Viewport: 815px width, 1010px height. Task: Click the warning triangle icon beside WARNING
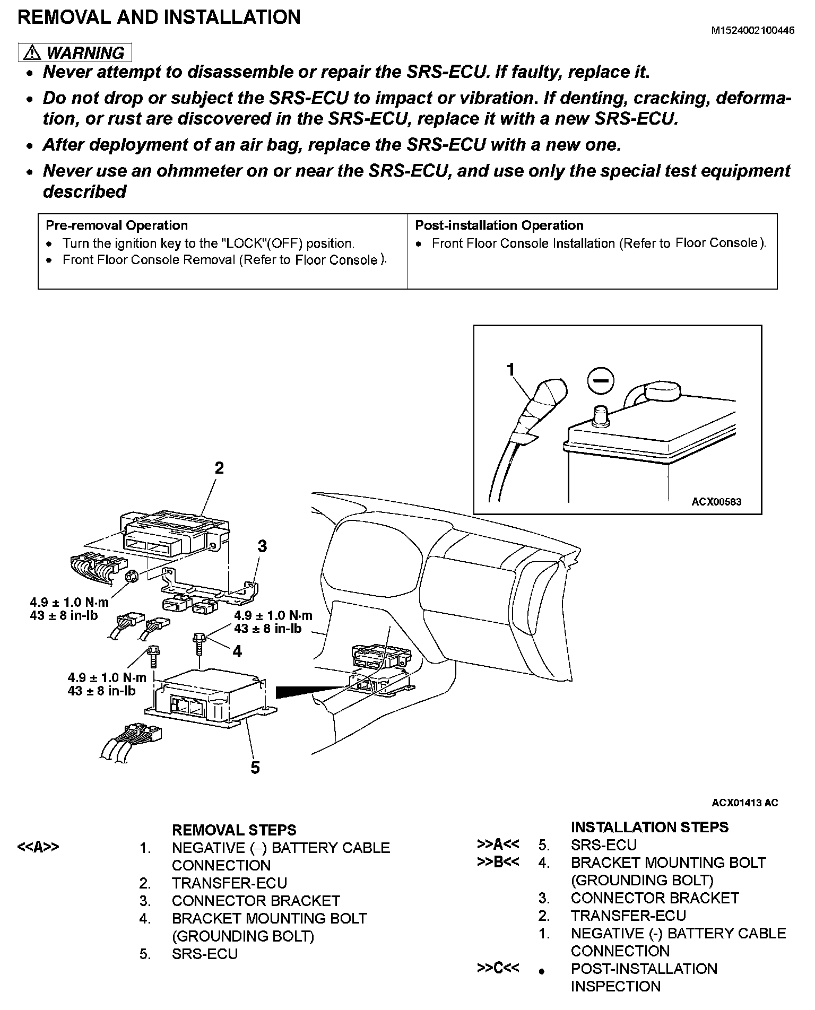pyautogui.click(x=32, y=53)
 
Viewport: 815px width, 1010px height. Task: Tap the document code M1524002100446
pyautogui.click(x=752, y=31)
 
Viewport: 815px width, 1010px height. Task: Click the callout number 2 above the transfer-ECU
pyautogui.click(x=219, y=468)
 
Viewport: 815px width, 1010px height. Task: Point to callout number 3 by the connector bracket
pyautogui.click(x=262, y=546)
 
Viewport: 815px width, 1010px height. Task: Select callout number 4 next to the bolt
pyautogui.click(x=237, y=651)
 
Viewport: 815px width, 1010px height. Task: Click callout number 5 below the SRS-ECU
pyautogui.click(x=255, y=768)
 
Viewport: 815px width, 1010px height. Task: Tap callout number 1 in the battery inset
pyautogui.click(x=511, y=369)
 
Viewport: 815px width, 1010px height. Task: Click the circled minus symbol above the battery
pyautogui.click(x=601, y=381)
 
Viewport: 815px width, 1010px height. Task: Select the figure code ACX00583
pyautogui.click(x=716, y=501)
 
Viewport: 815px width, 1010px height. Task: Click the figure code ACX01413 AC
pyautogui.click(x=744, y=803)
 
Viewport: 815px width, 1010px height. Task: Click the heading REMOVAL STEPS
pyautogui.click(x=234, y=830)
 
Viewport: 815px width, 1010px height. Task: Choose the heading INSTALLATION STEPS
pyautogui.click(x=649, y=827)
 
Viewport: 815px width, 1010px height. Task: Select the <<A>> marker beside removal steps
pyautogui.click(x=38, y=847)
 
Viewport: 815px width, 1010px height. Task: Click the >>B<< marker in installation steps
pyautogui.click(x=498, y=862)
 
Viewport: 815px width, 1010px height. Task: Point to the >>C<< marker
pyautogui.click(x=498, y=968)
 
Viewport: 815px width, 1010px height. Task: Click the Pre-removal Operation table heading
pyautogui.click(x=117, y=225)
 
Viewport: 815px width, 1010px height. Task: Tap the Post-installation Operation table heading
pyautogui.click(x=499, y=225)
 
